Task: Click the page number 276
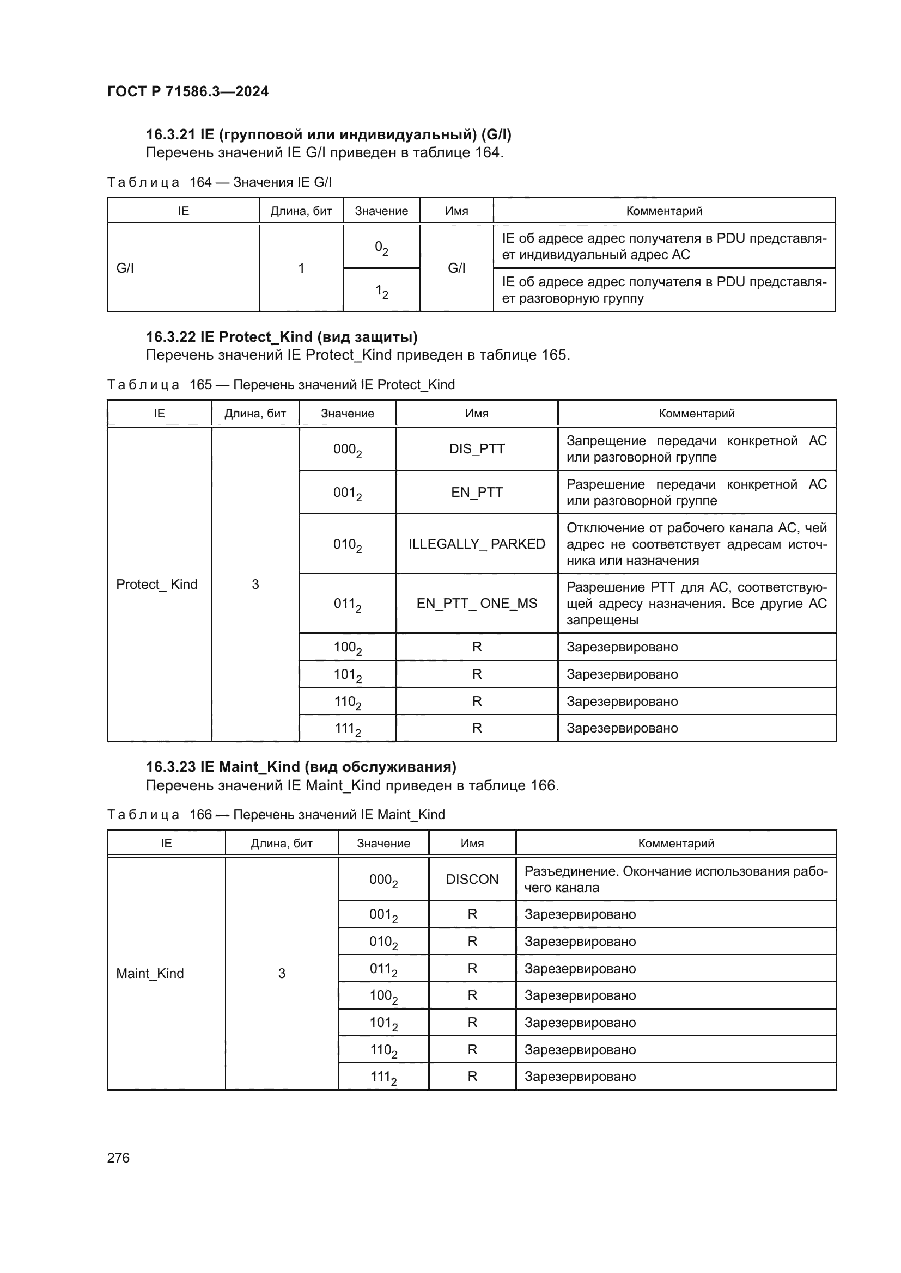(118, 1158)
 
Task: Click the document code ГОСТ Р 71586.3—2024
(187, 91)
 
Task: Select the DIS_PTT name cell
(477, 448)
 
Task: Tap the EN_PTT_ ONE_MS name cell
(477, 603)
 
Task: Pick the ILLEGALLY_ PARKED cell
(477, 544)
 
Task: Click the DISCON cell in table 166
(472, 880)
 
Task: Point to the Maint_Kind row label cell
(150, 973)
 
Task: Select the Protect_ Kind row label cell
(156, 584)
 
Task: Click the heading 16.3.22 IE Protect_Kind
(281, 336)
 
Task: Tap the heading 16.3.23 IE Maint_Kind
(301, 767)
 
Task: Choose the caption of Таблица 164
(219, 182)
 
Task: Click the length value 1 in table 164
(301, 268)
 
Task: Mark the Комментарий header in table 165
(696, 413)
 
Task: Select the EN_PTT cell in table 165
(477, 493)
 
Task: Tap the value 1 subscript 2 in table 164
(381, 291)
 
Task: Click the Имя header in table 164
(456, 211)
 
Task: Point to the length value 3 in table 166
(281, 973)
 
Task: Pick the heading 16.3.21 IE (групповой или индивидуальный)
(328, 134)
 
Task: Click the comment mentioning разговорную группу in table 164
(663, 290)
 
